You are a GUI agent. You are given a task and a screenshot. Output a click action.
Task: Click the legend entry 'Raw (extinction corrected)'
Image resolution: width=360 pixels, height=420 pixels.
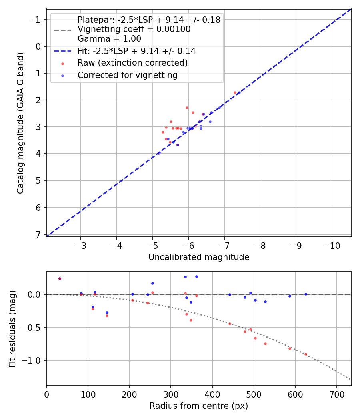click(132, 63)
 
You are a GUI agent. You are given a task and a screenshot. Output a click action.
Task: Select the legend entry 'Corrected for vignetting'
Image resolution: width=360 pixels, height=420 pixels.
click(127, 75)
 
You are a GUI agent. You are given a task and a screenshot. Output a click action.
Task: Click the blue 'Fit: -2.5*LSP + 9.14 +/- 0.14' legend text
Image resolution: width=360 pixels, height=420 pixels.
click(136, 51)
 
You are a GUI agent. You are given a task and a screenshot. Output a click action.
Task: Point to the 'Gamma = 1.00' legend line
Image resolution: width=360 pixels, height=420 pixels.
click(109, 39)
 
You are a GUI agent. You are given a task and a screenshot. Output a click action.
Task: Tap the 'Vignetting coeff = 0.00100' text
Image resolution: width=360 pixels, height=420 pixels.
click(134, 29)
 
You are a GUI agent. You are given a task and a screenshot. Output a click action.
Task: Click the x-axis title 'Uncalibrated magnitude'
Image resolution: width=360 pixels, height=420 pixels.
click(199, 257)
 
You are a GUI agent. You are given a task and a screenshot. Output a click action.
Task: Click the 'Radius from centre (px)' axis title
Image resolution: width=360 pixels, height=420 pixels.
click(199, 406)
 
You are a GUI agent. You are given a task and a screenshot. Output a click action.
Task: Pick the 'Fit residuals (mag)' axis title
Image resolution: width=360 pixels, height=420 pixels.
click(12, 328)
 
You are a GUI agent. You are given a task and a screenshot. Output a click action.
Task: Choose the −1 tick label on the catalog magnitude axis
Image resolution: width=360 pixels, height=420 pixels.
click(36, 20)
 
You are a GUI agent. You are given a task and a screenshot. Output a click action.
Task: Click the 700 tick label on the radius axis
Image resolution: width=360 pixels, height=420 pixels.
click(336, 394)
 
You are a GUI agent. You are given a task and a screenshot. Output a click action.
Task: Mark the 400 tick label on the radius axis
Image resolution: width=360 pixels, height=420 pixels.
click(212, 394)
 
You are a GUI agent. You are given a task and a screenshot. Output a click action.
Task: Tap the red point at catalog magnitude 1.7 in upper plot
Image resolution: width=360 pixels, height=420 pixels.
click(235, 92)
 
